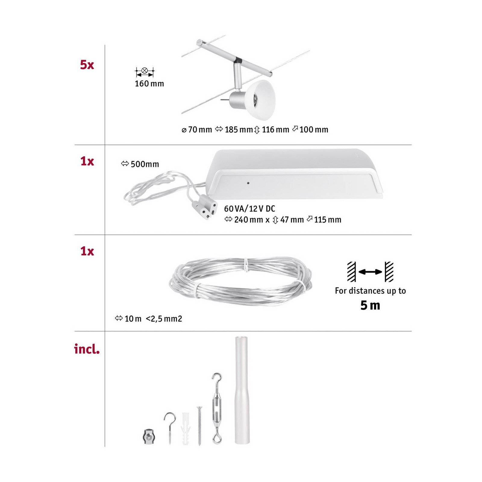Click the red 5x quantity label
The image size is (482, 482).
[87, 65]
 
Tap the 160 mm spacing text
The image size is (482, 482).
[149, 84]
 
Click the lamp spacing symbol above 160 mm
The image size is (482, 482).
[145, 71]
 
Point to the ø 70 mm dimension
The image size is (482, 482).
[197, 130]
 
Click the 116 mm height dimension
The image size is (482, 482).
[272, 130]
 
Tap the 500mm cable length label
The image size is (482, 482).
[140, 164]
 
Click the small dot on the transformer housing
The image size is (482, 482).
[248, 183]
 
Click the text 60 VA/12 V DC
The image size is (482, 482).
[249, 208]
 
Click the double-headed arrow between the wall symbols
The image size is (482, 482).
[370, 272]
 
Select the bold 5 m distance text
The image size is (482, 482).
[370, 305]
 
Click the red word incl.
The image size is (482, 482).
[87, 349]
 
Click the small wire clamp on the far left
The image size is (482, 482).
[148, 437]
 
